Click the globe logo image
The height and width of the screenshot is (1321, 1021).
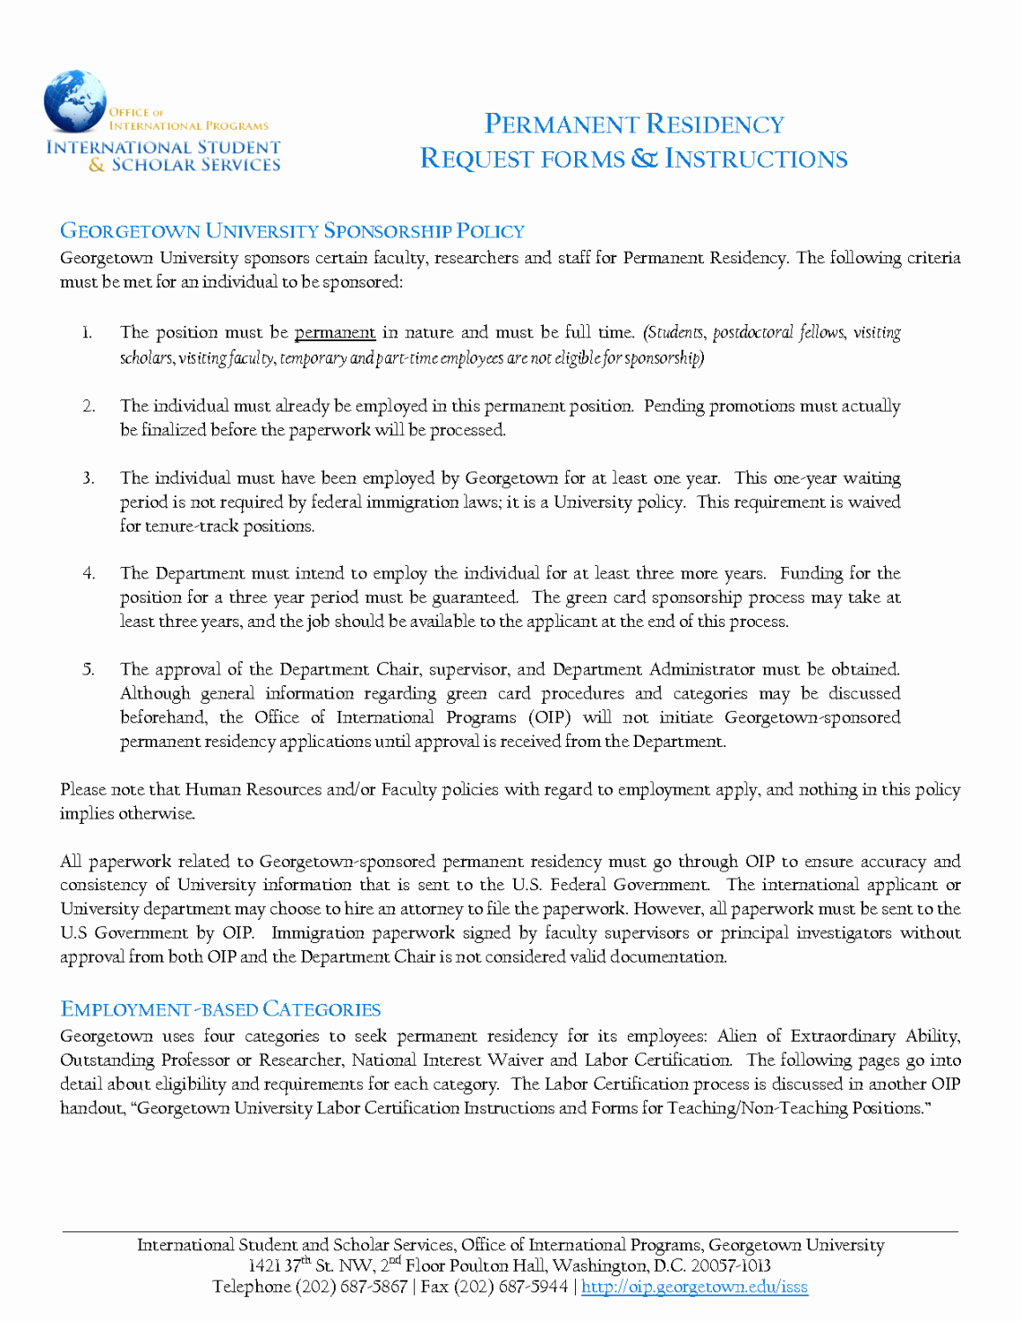tap(75, 101)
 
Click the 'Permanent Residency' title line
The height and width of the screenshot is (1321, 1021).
tap(634, 124)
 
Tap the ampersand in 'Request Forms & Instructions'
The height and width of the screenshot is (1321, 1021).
tap(644, 159)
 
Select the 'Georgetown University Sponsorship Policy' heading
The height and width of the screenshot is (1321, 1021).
tap(292, 231)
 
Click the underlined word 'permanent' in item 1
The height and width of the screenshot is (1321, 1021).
tap(335, 332)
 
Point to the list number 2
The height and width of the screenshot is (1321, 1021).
tap(89, 407)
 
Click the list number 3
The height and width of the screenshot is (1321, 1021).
tap(89, 478)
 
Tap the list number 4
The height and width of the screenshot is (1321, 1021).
tap(89, 574)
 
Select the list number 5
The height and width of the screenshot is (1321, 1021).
tap(89, 670)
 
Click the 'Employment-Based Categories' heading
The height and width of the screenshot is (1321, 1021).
tap(220, 1009)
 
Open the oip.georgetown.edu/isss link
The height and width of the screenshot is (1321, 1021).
tap(694, 1287)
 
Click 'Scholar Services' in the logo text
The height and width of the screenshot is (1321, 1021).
tap(196, 165)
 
